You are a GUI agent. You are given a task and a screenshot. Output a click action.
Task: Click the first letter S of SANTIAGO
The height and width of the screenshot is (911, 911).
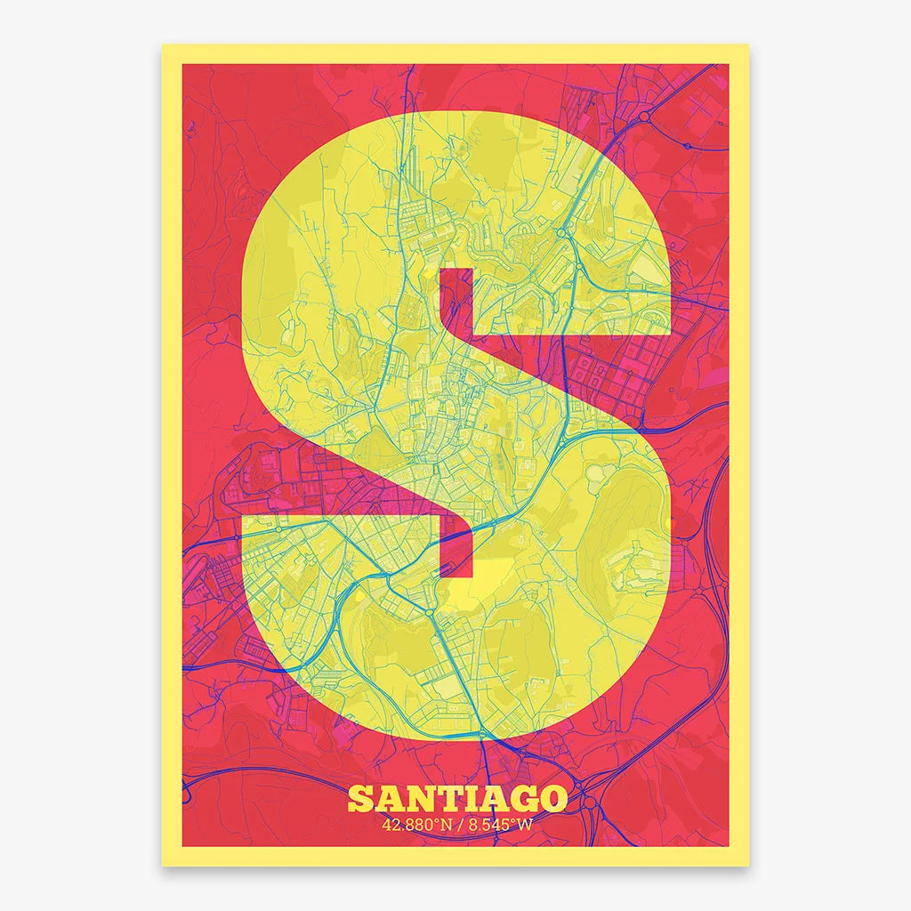pyautogui.click(x=360, y=799)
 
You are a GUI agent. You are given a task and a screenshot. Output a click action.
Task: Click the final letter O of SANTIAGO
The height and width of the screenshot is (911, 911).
pyautogui.click(x=552, y=799)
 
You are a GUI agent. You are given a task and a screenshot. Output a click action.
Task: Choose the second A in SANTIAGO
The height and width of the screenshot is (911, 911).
pyautogui.click(x=494, y=799)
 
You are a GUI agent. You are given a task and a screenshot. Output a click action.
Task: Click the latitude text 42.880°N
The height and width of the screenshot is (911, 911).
pyautogui.click(x=415, y=824)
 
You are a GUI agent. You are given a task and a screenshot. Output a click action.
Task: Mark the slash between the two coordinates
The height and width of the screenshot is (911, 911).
pyautogui.click(x=458, y=824)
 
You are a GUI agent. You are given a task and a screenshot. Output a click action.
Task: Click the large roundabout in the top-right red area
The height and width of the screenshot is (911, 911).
pyautogui.click(x=642, y=117)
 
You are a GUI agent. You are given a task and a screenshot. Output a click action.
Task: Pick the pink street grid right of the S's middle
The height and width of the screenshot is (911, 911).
pyautogui.click(x=614, y=374)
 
